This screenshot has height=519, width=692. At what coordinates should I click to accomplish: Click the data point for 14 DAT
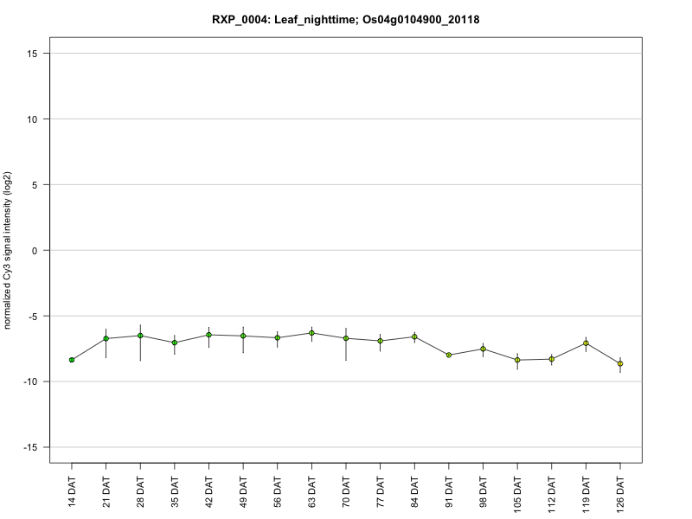pos(72,360)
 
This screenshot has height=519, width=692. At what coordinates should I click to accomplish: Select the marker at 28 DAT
pos(140,336)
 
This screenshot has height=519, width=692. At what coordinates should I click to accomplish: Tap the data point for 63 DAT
pos(311,333)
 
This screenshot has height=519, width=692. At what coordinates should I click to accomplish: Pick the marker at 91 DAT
pos(449,355)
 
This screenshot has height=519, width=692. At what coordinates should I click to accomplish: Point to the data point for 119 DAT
pos(586,343)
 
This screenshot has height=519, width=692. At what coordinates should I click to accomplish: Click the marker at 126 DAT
pos(620,364)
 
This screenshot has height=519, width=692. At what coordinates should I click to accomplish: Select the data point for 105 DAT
pos(517,360)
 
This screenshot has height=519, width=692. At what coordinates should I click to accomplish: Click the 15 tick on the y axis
pos(35,54)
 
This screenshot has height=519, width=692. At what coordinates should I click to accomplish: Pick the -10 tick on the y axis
pos(33,381)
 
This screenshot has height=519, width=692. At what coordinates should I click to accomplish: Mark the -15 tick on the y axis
pos(33,447)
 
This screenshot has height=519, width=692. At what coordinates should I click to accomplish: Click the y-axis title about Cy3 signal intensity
pos(9,251)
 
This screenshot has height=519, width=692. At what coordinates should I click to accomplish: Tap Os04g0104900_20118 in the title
pos(419,19)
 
